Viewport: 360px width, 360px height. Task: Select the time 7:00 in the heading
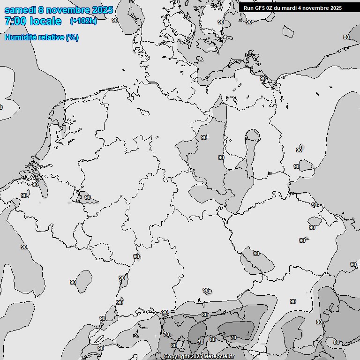point(15,21)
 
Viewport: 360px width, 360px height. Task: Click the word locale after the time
point(45,21)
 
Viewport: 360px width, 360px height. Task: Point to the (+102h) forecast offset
point(83,21)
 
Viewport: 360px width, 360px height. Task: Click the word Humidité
point(20,37)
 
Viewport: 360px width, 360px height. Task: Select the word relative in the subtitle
point(50,37)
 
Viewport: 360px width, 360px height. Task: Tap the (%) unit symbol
point(72,37)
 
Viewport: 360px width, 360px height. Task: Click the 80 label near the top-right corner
point(346,37)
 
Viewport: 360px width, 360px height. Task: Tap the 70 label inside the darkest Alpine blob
point(233,337)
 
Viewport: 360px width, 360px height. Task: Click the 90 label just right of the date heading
point(115,20)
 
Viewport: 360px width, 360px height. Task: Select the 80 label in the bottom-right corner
point(336,342)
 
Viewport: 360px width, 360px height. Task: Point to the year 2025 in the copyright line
point(196,357)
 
